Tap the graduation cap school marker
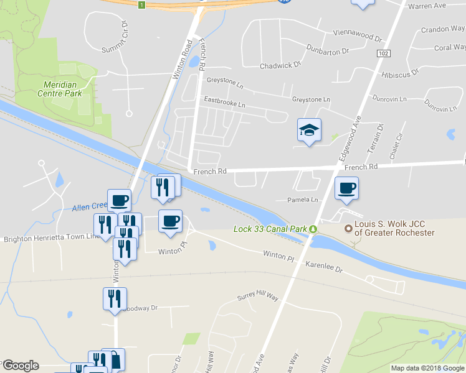point(309,131)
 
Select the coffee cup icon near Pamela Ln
point(347,187)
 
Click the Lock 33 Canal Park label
point(270,229)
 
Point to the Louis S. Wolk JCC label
point(395,228)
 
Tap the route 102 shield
point(381,55)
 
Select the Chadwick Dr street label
point(280,64)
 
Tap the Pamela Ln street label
point(302,200)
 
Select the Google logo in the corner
point(21,366)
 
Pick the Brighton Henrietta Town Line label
point(52,237)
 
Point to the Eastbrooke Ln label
point(225,99)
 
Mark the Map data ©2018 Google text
point(428,368)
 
